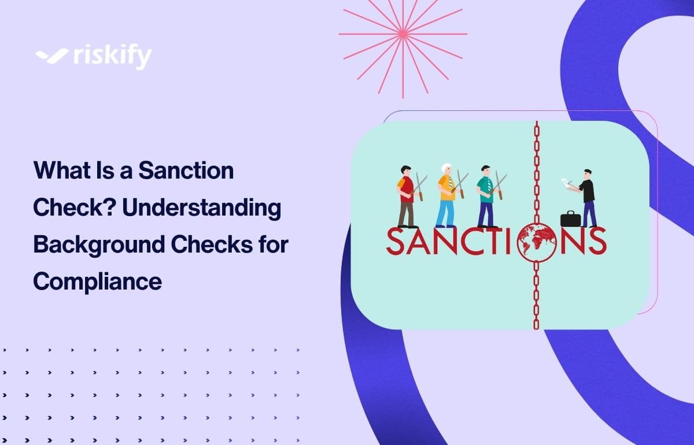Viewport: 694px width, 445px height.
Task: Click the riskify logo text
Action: [113, 56]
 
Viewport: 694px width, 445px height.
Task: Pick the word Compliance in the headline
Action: [97, 281]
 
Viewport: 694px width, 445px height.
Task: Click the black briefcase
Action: [570, 219]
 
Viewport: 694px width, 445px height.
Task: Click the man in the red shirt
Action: [407, 194]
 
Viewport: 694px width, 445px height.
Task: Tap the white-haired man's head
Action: [445, 169]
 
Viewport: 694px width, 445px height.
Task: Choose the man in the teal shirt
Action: [486, 194]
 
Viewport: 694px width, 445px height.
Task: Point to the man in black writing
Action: [587, 194]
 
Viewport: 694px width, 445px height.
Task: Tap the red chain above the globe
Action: [536, 173]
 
